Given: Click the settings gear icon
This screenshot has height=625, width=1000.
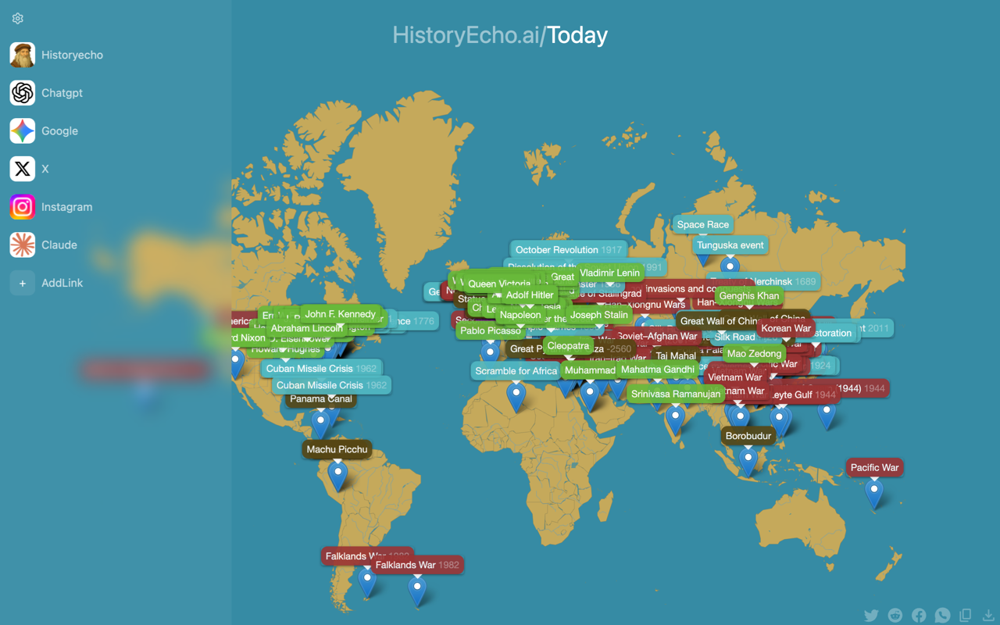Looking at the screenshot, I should click(18, 19).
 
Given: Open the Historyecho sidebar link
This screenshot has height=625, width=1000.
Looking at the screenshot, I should click(72, 55).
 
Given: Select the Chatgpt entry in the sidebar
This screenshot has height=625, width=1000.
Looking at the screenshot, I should click(62, 93).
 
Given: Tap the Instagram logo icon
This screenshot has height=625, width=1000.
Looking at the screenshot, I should click(23, 207).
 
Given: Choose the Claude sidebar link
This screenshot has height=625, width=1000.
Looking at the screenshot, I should click(59, 245).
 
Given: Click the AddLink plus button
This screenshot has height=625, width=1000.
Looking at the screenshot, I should click(23, 284).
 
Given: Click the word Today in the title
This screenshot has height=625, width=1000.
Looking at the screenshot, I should click(577, 35).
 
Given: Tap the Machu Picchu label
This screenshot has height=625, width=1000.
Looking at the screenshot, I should click(337, 449).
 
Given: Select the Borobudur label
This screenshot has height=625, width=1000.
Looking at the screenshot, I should click(748, 436).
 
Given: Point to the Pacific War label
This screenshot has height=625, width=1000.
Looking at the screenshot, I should click(874, 467).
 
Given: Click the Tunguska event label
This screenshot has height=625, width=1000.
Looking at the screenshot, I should click(730, 245).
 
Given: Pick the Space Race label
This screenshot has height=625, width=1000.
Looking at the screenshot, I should click(702, 224).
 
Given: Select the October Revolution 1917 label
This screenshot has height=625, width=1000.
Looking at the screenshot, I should click(568, 250).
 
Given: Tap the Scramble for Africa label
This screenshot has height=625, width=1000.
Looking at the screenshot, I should click(516, 371).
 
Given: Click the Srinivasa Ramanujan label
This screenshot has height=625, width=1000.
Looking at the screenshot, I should click(676, 394).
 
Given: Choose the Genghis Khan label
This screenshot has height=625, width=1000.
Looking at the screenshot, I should click(748, 296).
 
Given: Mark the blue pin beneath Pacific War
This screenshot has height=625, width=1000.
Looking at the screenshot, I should click(873, 493).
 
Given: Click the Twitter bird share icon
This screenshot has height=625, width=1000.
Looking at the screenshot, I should click(871, 616).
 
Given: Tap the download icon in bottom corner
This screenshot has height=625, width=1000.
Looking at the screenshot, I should click(988, 616).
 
